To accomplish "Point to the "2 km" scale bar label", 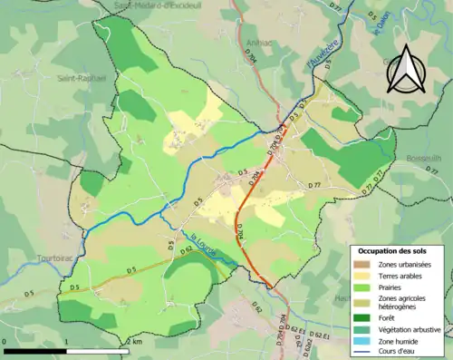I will (x=135, y=341).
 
